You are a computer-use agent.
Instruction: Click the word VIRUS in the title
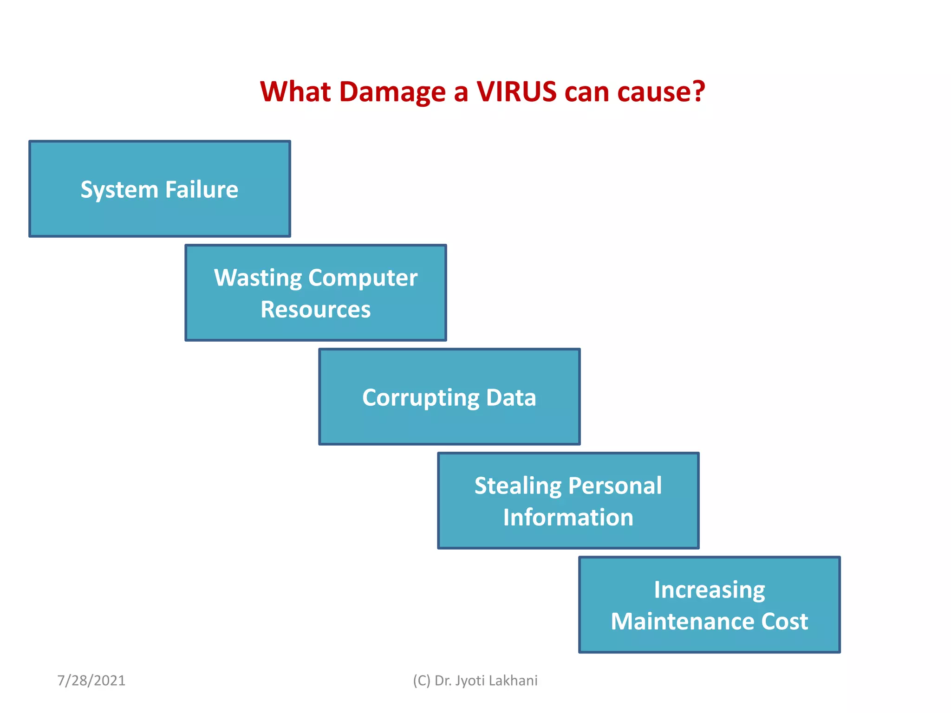point(516,91)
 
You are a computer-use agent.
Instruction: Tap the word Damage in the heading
point(392,92)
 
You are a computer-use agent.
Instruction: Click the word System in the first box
point(119,190)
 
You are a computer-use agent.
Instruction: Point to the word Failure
point(202,189)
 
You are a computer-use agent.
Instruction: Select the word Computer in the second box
point(363,278)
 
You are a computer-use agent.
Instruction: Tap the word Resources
point(316,310)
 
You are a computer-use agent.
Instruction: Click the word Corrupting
point(421,398)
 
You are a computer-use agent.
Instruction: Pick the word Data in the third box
point(511,398)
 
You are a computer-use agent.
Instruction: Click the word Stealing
point(518,486)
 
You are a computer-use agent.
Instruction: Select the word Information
point(568,518)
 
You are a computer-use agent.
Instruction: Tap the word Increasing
point(710,590)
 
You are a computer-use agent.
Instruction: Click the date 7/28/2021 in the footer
point(91,681)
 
